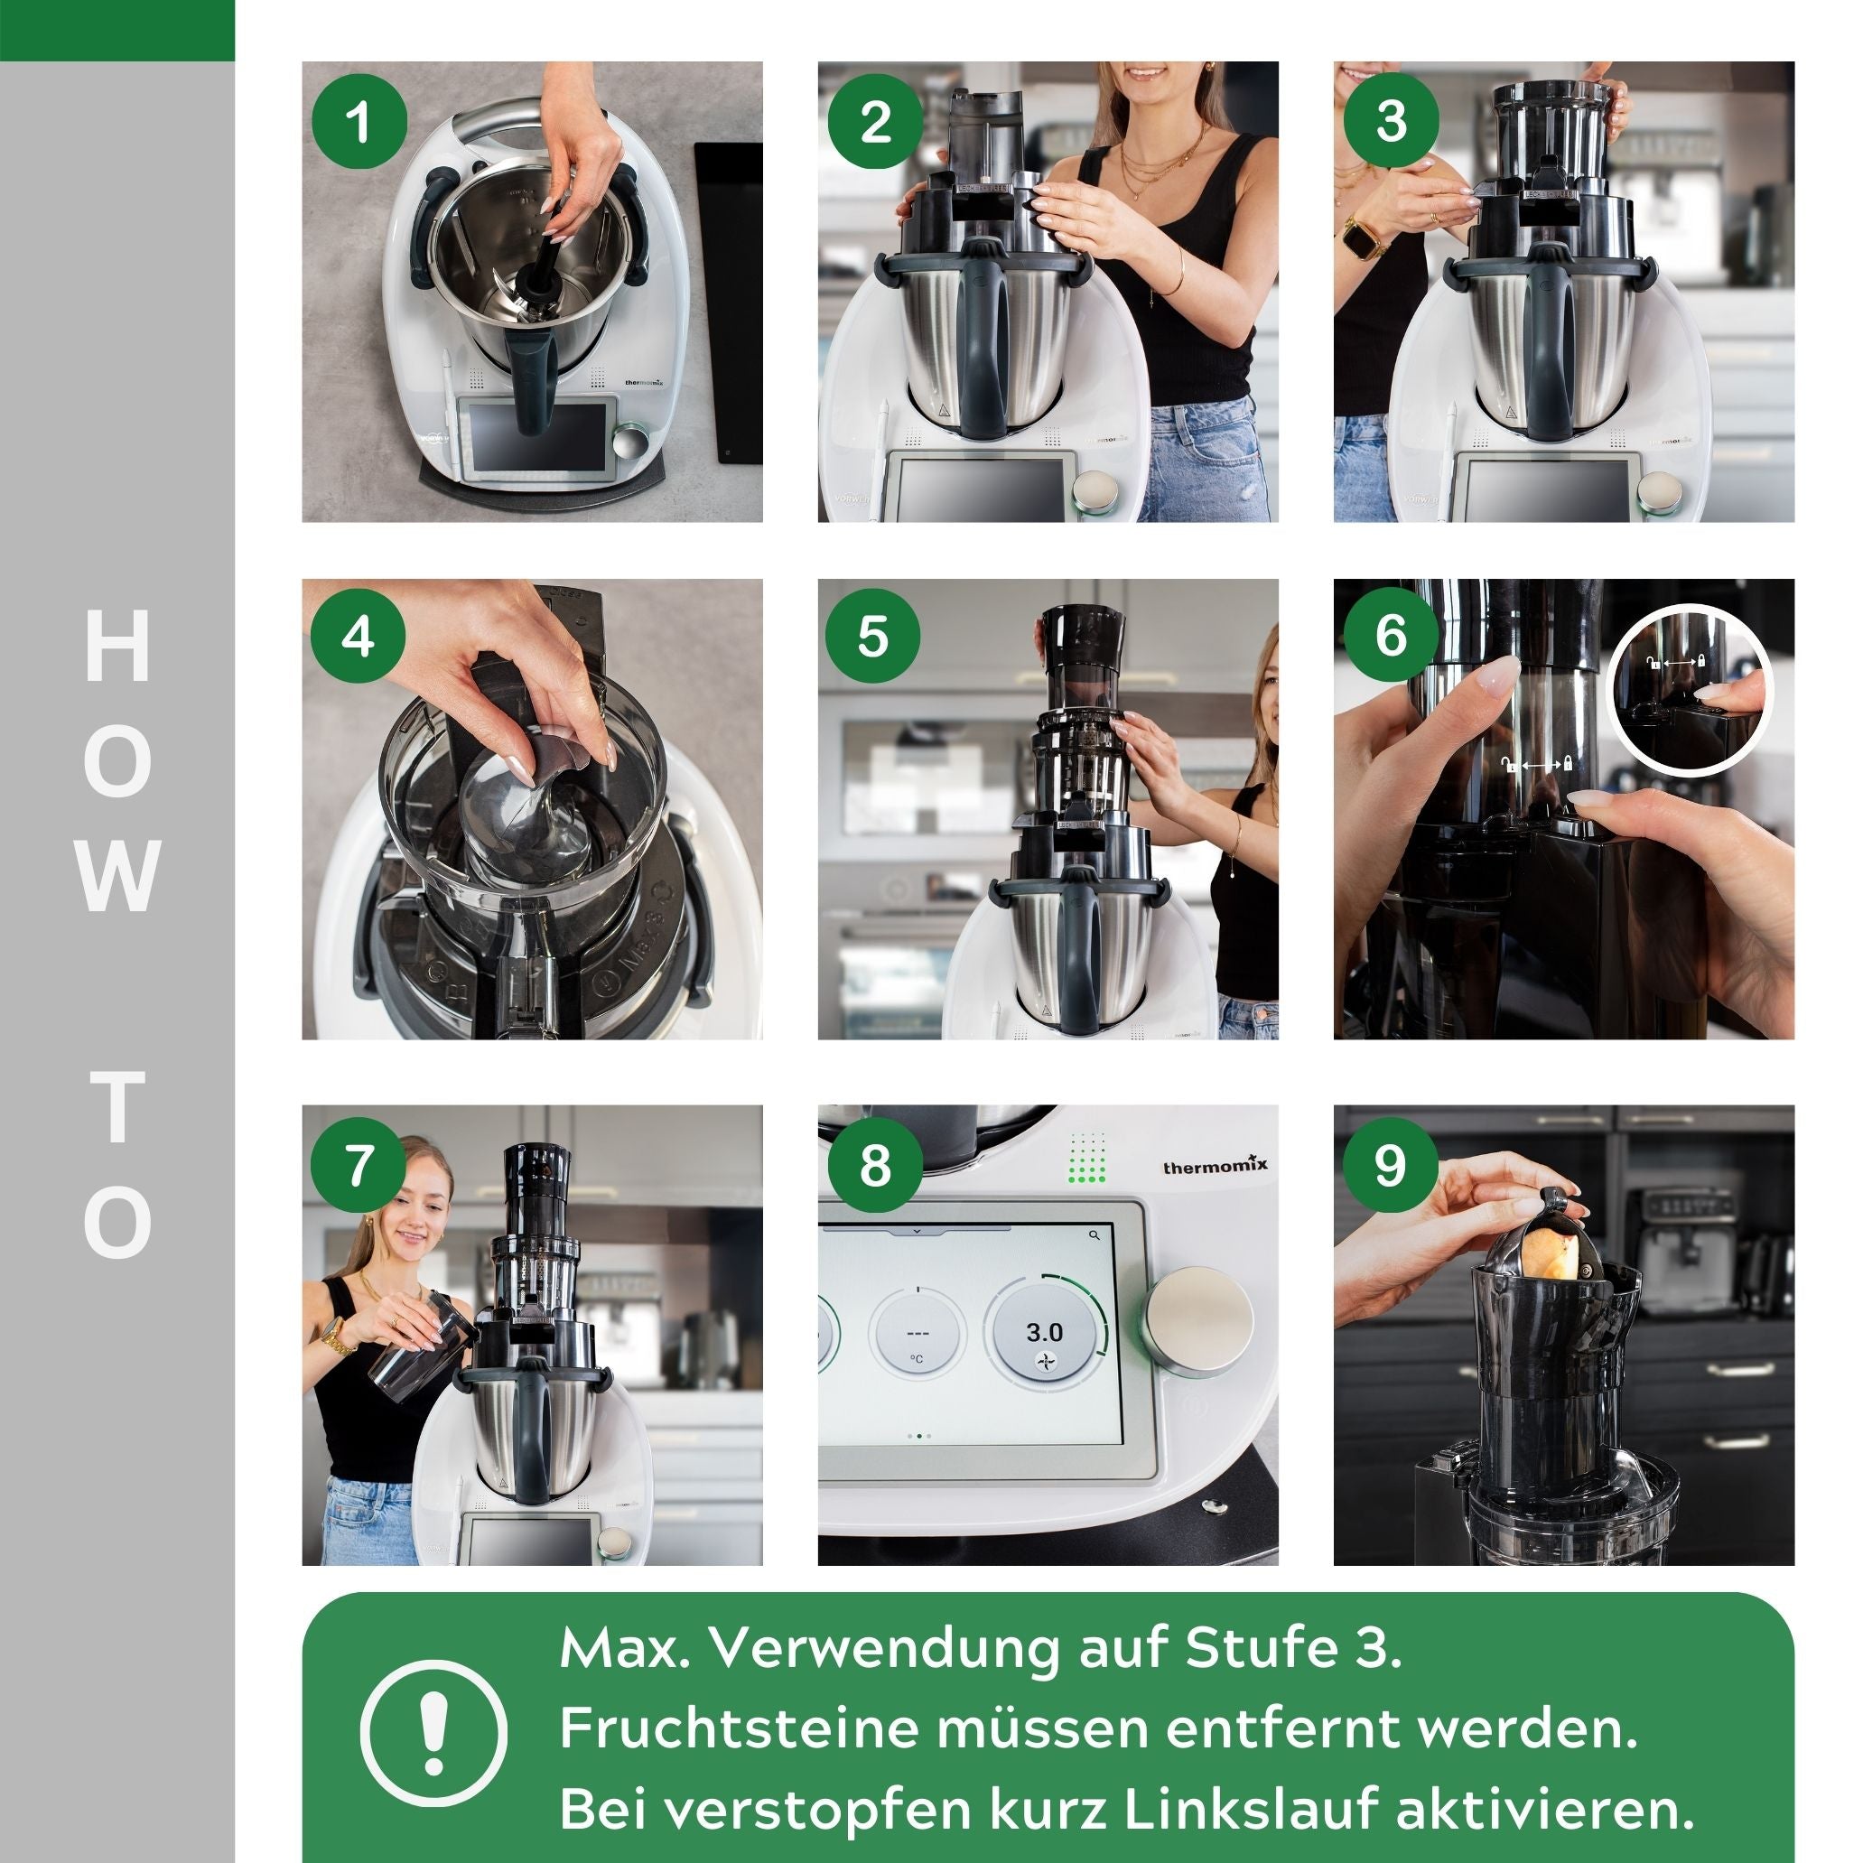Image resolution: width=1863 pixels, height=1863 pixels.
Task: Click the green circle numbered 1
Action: (x=359, y=122)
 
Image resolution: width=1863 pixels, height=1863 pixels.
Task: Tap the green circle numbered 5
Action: (x=873, y=638)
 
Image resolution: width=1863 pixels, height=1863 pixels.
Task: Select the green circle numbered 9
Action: (x=1390, y=1165)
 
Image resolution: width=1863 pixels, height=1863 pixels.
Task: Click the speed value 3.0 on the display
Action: (x=1044, y=1333)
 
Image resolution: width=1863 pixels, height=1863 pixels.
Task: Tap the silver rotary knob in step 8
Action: (x=1198, y=1322)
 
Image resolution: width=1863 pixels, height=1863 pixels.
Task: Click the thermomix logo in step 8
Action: (x=1215, y=1167)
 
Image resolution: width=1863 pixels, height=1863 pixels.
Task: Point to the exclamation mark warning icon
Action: (x=434, y=1733)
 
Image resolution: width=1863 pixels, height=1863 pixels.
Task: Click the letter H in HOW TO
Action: (x=117, y=646)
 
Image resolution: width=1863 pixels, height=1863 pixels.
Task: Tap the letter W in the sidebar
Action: (x=117, y=876)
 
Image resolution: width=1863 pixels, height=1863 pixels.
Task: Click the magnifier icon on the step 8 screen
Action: (x=1094, y=1234)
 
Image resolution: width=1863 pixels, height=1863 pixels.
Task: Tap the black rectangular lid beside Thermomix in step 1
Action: (x=728, y=303)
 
